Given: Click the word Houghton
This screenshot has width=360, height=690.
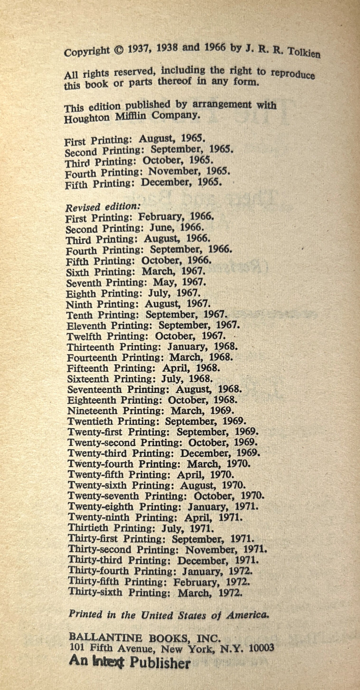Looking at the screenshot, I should tap(87, 118).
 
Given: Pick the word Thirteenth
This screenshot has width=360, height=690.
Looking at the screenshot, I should tap(91, 347).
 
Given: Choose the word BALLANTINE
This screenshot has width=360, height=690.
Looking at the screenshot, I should tap(105, 638).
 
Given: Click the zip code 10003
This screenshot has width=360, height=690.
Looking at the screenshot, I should tap(262, 648).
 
